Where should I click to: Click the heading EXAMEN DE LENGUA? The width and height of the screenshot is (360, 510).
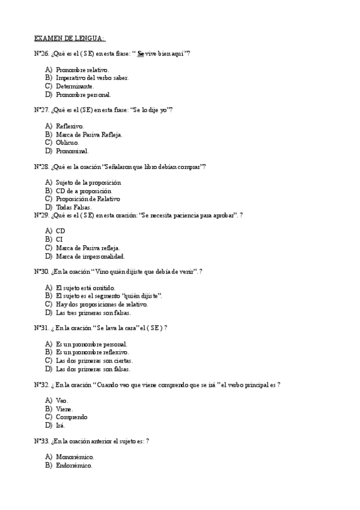coord(70,38)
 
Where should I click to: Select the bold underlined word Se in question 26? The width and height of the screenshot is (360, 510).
coord(141,54)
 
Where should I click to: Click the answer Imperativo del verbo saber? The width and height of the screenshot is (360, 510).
coord(91,78)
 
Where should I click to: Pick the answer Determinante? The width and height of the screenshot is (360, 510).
coord(75,86)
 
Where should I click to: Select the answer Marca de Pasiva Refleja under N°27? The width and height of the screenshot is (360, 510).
coord(89,135)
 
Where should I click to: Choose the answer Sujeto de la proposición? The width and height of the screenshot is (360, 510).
coord(88,182)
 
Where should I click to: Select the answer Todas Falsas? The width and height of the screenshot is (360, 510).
coord(73,207)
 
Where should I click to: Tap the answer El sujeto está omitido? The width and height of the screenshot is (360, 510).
coord(85,288)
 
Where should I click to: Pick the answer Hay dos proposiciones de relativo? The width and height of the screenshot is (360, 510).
coord(101,304)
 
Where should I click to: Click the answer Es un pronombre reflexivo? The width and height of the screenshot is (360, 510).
coord(91,352)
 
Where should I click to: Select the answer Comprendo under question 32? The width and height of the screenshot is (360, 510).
coord(71,417)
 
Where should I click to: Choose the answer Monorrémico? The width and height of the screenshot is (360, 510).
coord(74,457)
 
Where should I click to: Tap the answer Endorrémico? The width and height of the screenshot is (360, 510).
coord(73,465)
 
